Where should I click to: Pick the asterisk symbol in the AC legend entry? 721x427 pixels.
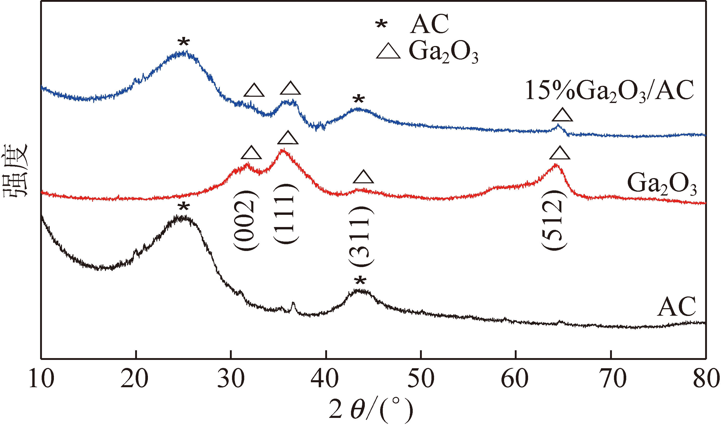click(381, 25)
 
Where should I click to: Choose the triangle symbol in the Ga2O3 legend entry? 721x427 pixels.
click(388, 52)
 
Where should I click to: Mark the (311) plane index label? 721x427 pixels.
click(361, 237)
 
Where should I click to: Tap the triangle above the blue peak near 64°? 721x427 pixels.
click(562, 115)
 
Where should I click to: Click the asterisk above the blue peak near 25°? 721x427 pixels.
click(184, 43)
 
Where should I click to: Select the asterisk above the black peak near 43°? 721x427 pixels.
click(360, 281)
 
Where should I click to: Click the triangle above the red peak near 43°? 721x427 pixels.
click(363, 177)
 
